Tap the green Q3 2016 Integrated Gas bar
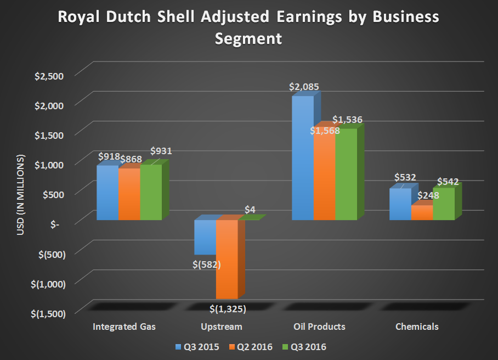click(x=151, y=192)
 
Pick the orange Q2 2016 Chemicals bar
click(x=422, y=212)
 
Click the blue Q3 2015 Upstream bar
click(x=205, y=237)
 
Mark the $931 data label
click(x=161, y=151)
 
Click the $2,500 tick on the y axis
click(x=49, y=75)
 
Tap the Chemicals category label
click(x=417, y=327)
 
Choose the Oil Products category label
click(x=320, y=327)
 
